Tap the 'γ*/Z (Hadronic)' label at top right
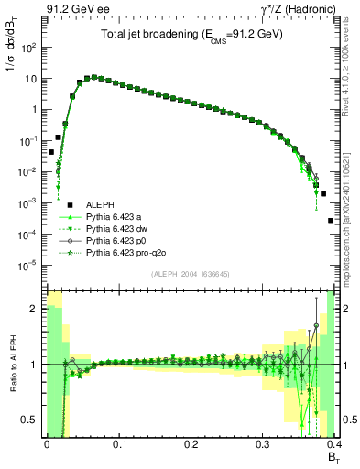(x=298, y=9)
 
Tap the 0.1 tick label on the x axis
(x=118, y=443)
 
